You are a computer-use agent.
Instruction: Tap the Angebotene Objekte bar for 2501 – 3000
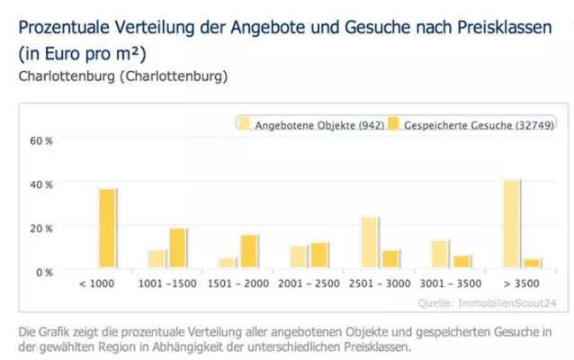(x=370, y=242)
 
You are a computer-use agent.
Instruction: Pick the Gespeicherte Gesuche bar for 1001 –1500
(x=177, y=247)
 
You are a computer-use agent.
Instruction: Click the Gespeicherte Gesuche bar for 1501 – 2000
(x=248, y=251)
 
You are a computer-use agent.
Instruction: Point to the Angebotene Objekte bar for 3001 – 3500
(x=440, y=254)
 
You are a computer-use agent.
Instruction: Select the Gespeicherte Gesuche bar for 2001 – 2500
(x=318, y=255)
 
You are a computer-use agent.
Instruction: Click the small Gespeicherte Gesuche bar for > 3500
(x=532, y=263)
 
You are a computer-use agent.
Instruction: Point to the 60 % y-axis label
(x=42, y=141)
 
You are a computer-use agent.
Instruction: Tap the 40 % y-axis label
(x=42, y=184)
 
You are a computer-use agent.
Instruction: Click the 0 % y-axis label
(x=44, y=271)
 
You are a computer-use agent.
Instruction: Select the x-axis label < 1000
(x=97, y=283)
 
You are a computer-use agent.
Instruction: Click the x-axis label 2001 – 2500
(x=309, y=283)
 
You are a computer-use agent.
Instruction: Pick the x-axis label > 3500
(x=521, y=283)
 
